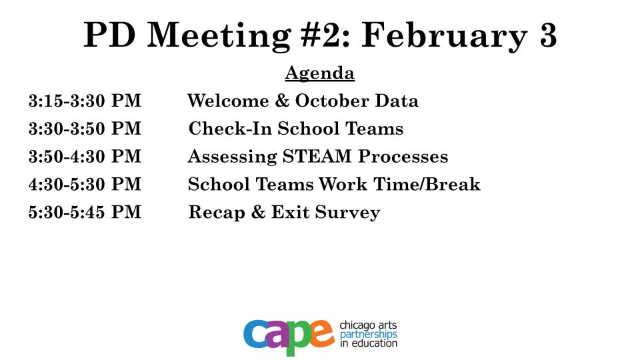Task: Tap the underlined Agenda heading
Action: point(319,74)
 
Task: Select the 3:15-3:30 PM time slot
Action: point(85,101)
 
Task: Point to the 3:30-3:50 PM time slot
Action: point(85,128)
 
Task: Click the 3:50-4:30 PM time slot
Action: point(85,156)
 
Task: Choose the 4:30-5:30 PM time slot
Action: point(85,184)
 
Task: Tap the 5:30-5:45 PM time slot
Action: point(85,212)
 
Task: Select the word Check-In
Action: point(230,128)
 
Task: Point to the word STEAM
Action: point(317,156)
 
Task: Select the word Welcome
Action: point(228,101)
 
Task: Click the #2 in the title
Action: point(325,35)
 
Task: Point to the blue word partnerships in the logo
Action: point(369,335)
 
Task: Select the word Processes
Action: point(403,156)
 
